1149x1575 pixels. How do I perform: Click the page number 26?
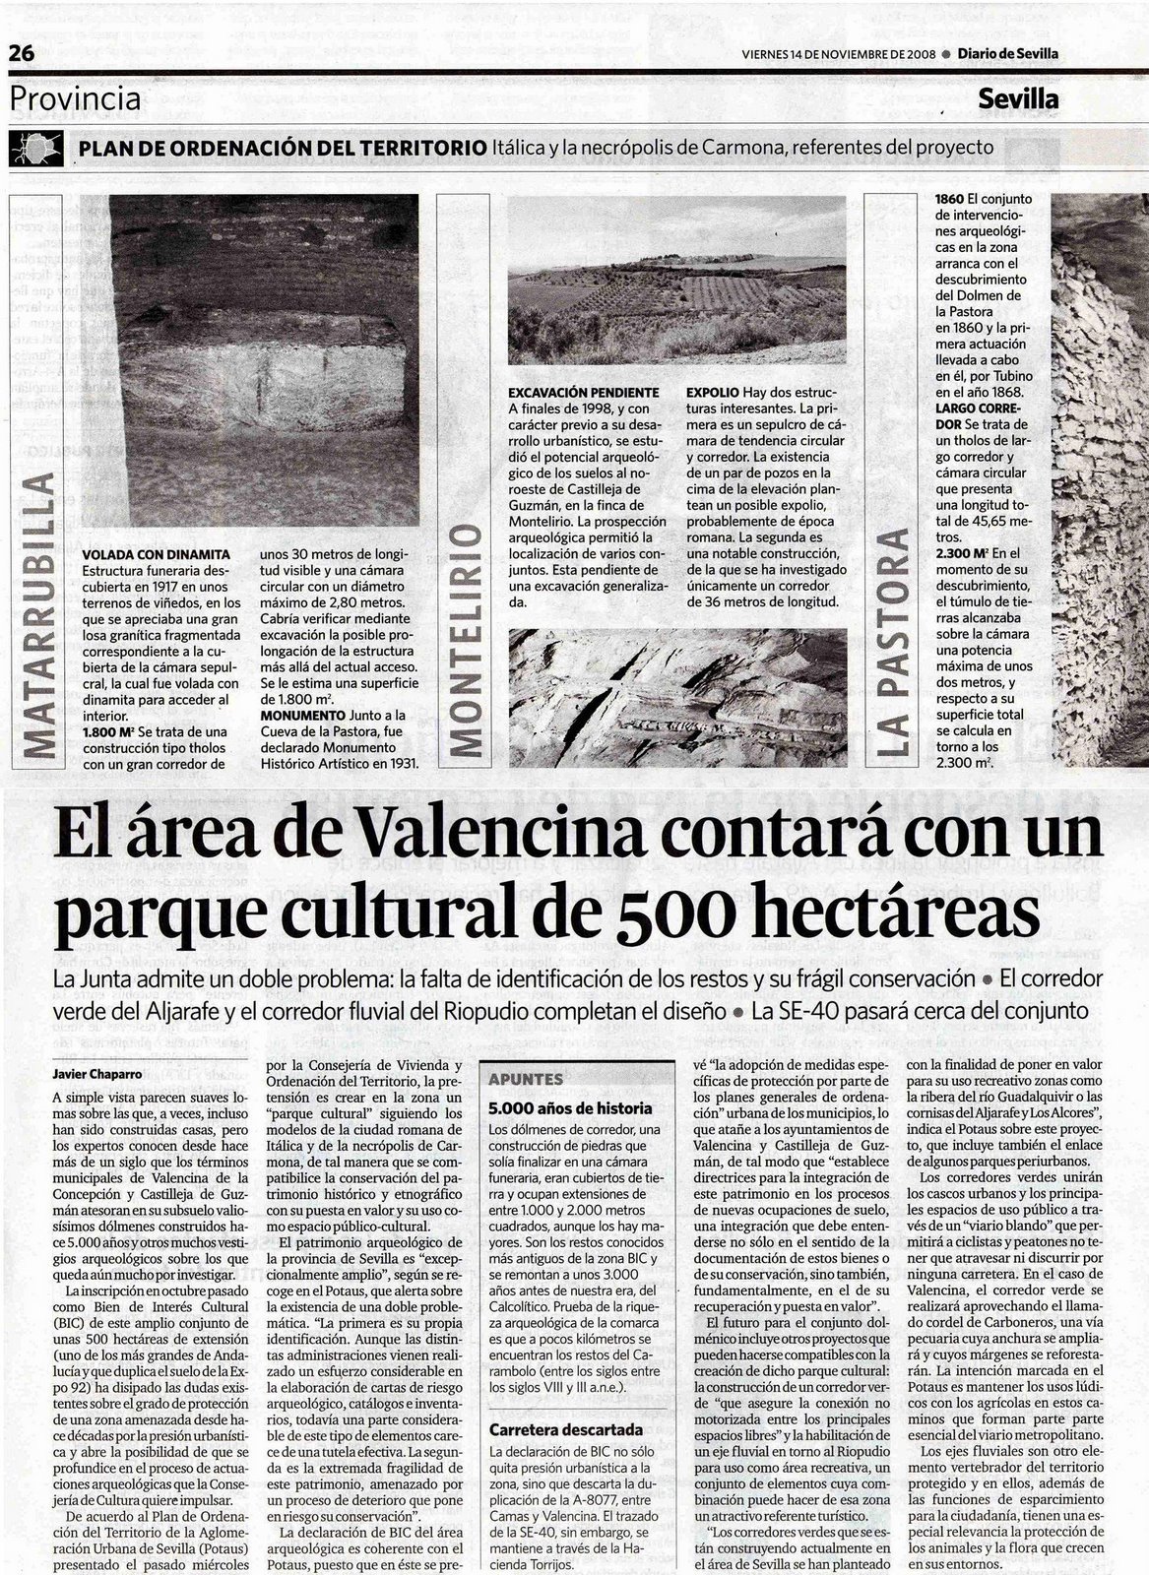[x=22, y=54]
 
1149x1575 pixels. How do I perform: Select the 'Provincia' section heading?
[x=76, y=98]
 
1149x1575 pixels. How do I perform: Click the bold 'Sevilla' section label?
[x=1018, y=99]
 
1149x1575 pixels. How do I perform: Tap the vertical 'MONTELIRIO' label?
[x=472, y=640]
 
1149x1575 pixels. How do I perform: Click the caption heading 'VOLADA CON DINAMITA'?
[x=157, y=555]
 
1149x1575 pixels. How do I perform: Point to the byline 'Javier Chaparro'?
[x=96, y=1075]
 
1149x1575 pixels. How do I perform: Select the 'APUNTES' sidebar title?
[x=527, y=1079]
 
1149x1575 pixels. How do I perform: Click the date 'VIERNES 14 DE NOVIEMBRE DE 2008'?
[x=838, y=55]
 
